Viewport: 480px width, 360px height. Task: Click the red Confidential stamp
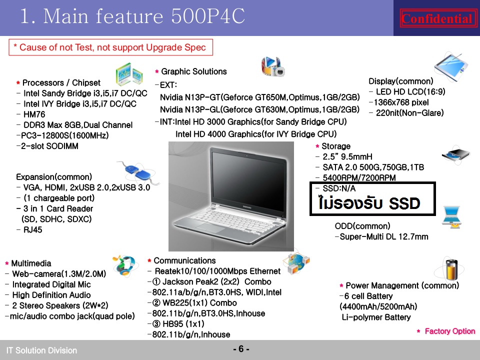pyautogui.click(x=438, y=18)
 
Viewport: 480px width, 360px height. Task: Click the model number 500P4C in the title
pyautogui.click(x=208, y=15)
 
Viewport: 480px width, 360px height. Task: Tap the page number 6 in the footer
pyautogui.click(x=241, y=348)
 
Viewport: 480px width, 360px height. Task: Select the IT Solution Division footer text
pyautogui.click(x=41, y=350)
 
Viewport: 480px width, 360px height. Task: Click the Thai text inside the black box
pyautogui.click(x=369, y=203)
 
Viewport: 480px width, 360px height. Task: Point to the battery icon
pyautogui.click(x=451, y=269)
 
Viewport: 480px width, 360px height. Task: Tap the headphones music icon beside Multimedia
pyautogui.click(x=124, y=265)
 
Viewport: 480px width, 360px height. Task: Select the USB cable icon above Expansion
pyautogui.click(x=138, y=171)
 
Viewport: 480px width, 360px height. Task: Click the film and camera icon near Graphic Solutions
pyautogui.click(x=273, y=66)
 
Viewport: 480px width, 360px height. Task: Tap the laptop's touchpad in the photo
pyautogui.click(x=208, y=228)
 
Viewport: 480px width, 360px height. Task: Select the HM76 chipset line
pyautogui.click(x=34, y=114)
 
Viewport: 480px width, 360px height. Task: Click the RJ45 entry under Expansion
pyautogui.click(x=33, y=229)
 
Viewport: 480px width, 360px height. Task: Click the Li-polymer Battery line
pyautogui.click(x=376, y=317)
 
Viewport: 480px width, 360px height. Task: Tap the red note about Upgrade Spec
pyautogui.click(x=110, y=47)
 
